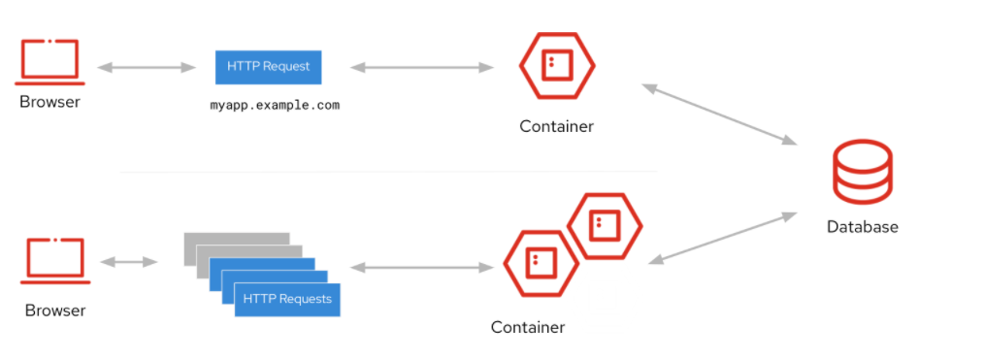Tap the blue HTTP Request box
268,67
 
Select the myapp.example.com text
276,105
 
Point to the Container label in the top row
556,126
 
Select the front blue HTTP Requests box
287,299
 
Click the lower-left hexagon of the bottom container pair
540,263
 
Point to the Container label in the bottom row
527,327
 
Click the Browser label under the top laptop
49,102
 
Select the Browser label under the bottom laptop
55,311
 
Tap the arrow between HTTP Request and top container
421,67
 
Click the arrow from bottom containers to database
726,238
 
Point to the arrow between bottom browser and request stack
128,262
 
